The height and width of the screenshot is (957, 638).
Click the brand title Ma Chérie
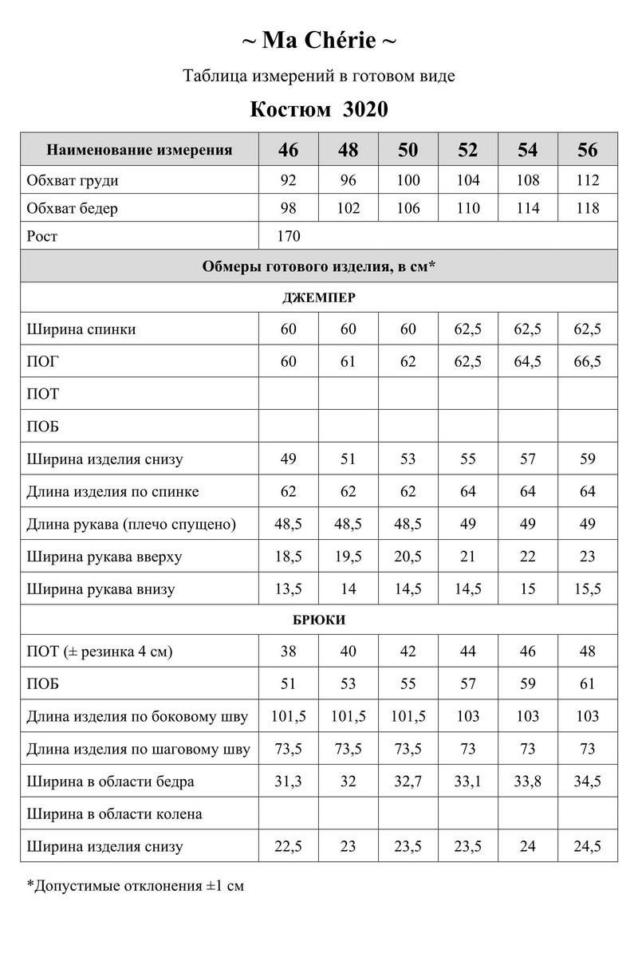(319, 40)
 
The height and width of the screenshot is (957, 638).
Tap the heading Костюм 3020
(319, 109)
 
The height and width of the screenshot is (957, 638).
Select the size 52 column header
(469, 150)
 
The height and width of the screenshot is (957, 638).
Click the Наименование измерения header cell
(140, 150)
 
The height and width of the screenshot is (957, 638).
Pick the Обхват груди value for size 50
(408, 180)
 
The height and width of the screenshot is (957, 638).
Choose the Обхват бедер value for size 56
(588, 209)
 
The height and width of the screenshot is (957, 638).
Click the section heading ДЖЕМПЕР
(319, 298)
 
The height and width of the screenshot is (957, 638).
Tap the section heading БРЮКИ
(319, 620)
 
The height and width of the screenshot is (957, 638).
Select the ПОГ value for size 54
(528, 362)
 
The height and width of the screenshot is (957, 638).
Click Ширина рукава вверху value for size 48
(349, 557)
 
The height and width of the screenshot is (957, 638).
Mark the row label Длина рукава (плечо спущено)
(132, 525)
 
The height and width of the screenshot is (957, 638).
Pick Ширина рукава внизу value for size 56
(588, 589)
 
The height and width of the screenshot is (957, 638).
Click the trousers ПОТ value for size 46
(289, 652)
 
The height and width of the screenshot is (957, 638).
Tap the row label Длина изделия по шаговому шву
(138, 750)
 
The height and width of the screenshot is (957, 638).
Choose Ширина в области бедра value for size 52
(469, 782)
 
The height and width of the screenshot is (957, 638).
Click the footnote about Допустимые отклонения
(135, 885)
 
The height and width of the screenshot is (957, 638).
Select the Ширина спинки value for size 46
(289, 329)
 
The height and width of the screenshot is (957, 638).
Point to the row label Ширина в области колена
(114, 814)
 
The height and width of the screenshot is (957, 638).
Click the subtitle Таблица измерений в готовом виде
(319, 77)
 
